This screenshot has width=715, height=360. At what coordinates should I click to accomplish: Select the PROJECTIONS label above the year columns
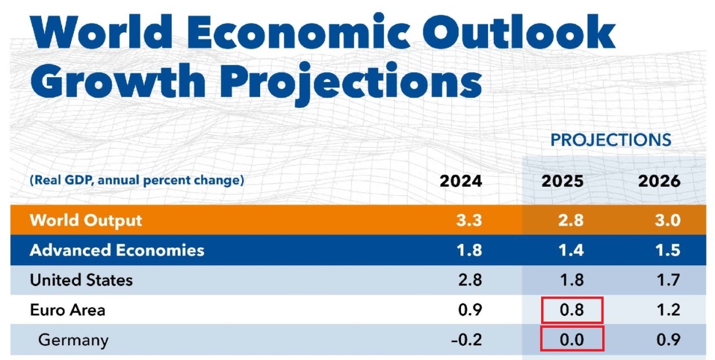click(x=611, y=139)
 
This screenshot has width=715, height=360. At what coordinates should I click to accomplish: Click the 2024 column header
click(x=461, y=181)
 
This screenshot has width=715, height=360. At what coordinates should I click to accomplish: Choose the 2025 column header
click(x=563, y=181)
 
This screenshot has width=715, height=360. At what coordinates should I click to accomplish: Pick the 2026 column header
click(x=659, y=181)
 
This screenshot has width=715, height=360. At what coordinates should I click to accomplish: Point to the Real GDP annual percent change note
click(x=137, y=181)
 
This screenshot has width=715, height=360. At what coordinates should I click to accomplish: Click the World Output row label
click(x=86, y=219)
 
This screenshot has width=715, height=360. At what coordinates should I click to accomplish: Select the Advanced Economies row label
click(x=117, y=250)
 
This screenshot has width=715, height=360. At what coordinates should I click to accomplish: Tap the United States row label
click(x=81, y=280)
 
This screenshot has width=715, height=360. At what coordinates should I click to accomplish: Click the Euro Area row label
click(x=67, y=310)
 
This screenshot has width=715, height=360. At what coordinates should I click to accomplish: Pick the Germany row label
click(x=73, y=340)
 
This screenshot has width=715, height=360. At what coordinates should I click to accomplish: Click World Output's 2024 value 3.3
click(x=469, y=219)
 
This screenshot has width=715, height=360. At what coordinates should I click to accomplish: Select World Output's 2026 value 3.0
click(x=668, y=219)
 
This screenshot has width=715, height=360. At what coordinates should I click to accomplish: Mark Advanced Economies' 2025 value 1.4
click(x=571, y=250)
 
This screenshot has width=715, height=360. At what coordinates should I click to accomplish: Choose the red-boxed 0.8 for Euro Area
click(x=571, y=310)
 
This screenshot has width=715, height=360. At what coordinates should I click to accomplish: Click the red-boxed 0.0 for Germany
click(x=571, y=340)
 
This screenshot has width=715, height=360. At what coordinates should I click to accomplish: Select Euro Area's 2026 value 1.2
click(x=668, y=310)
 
